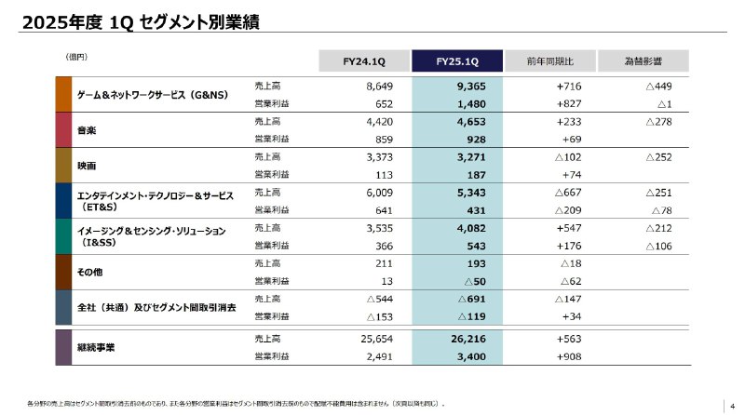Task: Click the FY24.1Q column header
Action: point(364,61)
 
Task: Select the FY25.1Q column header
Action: point(457,61)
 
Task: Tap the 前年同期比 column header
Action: point(549,61)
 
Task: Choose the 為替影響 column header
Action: point(643,61)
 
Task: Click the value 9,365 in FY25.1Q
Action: point(472,86)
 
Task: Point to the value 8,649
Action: point(382,86)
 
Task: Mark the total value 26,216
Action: point(470,339)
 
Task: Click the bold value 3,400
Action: point(472,356)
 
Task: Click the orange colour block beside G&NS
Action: point(63,94)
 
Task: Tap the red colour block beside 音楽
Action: point(63,130)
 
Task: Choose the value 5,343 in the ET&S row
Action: point(472,192)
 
